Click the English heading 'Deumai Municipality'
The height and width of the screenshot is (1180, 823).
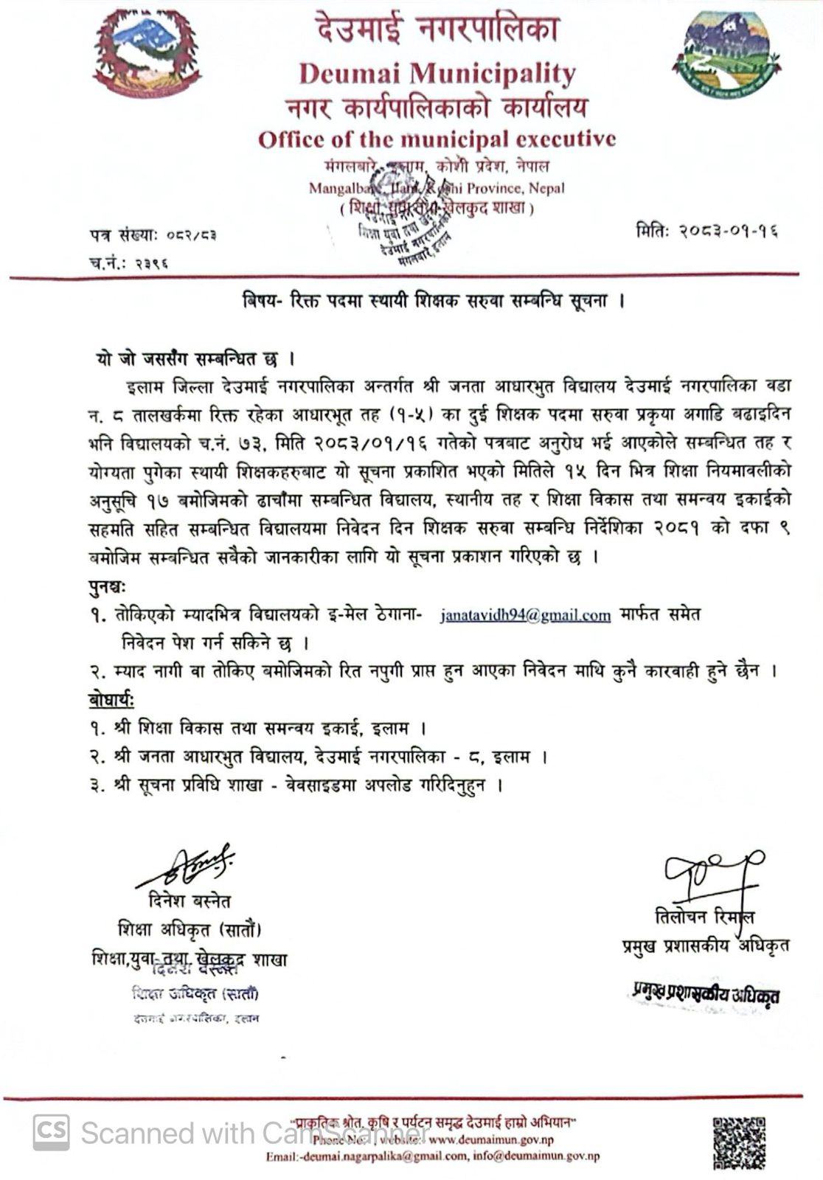(x=437, y=73)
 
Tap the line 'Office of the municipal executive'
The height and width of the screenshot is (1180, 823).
(x=437, y=139)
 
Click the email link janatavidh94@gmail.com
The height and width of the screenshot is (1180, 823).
(x=525, y=615)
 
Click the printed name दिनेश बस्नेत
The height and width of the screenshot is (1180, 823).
(x=189, y=900)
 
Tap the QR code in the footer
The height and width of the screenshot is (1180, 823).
(x=739, y=1142)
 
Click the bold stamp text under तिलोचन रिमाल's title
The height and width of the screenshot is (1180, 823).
(x=705, y=993)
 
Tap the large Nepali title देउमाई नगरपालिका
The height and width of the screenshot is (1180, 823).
(x=438, y=30)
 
